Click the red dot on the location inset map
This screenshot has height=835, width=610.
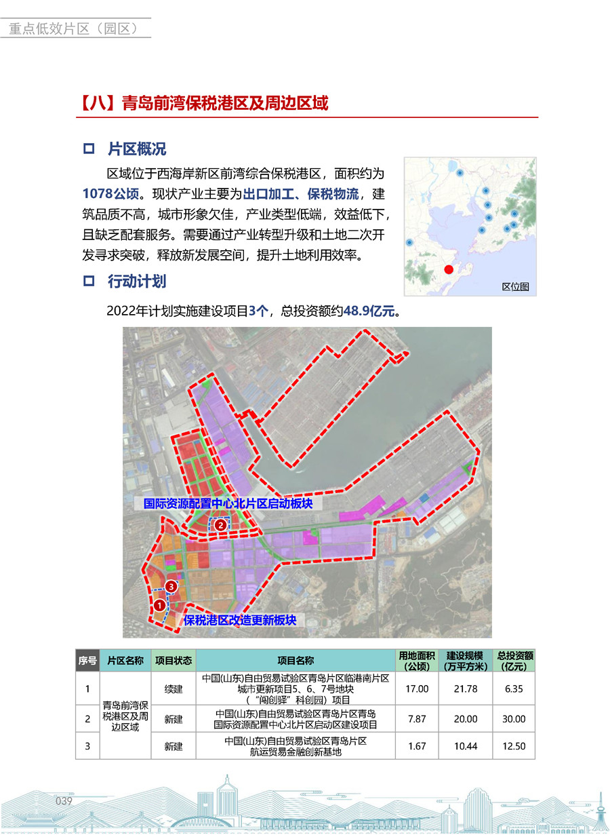448,269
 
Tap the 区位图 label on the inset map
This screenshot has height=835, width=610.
515,287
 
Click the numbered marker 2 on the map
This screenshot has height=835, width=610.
220,524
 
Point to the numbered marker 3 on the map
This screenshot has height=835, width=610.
171,586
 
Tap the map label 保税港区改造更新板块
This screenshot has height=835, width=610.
240,620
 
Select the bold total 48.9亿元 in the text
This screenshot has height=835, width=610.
370,311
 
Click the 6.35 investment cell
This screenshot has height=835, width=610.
514,688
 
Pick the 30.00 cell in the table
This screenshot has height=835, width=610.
514,719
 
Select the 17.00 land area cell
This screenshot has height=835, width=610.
417,688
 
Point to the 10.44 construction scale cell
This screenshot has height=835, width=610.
466,746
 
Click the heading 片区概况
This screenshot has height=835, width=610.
136,149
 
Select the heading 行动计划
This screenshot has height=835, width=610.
136,281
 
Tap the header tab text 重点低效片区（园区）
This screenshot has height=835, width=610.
74,28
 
